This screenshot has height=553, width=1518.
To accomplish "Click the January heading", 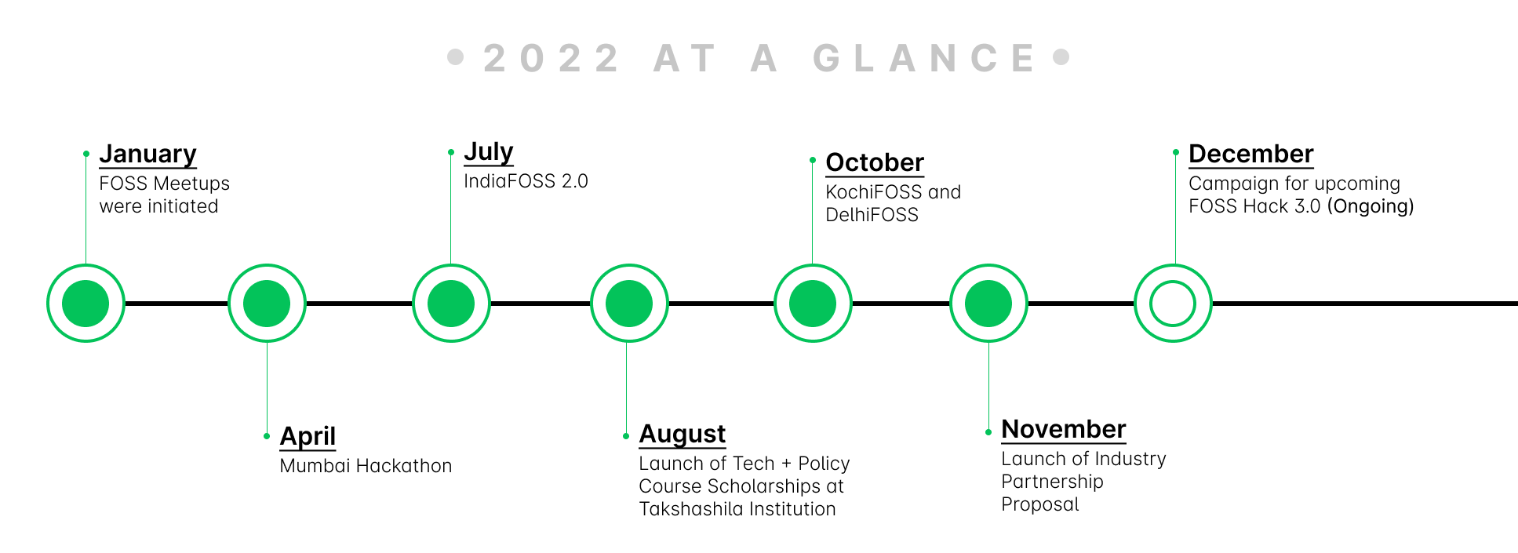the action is tap(147, 155).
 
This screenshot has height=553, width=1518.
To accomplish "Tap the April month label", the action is tap(308, 436).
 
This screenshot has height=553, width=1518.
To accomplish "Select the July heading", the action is tap(488, 151).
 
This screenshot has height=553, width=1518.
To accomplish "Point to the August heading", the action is tap(683, 434).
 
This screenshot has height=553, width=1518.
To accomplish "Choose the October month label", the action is tap(875, 162).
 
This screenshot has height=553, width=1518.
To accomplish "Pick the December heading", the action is tap(1250, 154).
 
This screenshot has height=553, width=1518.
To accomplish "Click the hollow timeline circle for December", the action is tap(1173, 304).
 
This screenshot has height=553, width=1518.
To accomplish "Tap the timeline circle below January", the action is tap(86, 304).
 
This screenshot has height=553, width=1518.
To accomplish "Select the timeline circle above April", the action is tap(267, 304).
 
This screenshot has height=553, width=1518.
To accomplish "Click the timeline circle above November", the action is tap(988, 304).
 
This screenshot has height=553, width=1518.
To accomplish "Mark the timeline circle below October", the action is tap(813, 304).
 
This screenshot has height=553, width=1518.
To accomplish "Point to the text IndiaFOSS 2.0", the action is tap(526, 181).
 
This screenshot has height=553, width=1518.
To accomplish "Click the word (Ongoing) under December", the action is tap(1371, 206).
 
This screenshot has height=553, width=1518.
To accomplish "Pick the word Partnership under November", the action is tap(1052, 482).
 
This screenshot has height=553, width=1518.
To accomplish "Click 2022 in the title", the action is tap(552, 58).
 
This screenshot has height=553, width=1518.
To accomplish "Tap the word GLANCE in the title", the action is tap(925, 58).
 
